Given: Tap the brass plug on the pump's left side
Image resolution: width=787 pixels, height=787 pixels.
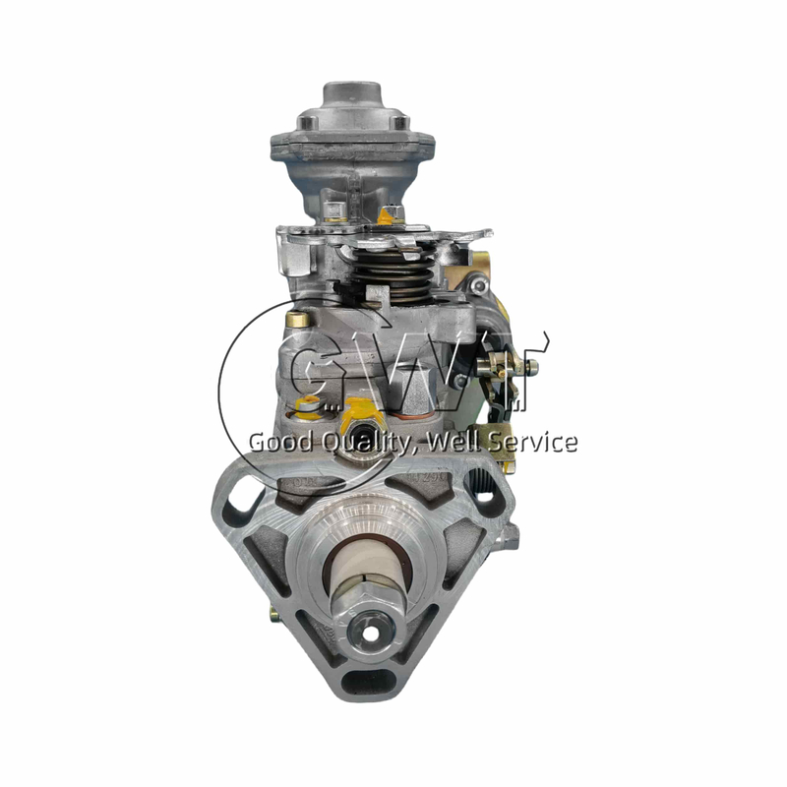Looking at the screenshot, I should [x=291, y=319].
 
